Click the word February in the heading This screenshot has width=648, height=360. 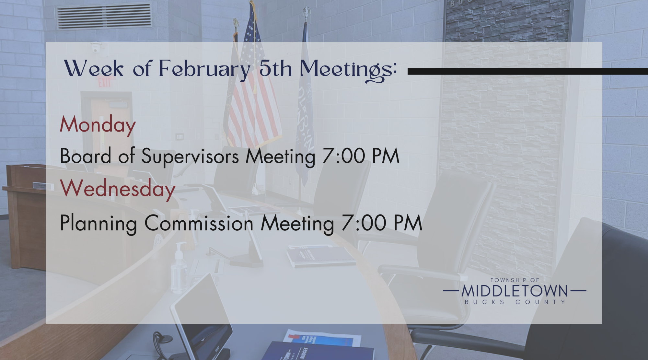[204, 69]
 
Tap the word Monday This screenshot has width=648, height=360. [98, 125]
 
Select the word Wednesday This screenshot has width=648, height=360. [118, 189]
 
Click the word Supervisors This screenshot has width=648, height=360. [190, 157]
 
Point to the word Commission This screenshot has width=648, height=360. [199, 223]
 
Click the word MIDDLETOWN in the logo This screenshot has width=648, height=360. [515, 291]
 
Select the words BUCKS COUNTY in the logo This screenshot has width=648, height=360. [515, 302]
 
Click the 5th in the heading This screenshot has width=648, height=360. [276, 69]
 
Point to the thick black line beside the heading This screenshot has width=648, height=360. [528, 71]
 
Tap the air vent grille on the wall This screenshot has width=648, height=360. [105, 16]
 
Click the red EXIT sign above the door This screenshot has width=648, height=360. [104, 83]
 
